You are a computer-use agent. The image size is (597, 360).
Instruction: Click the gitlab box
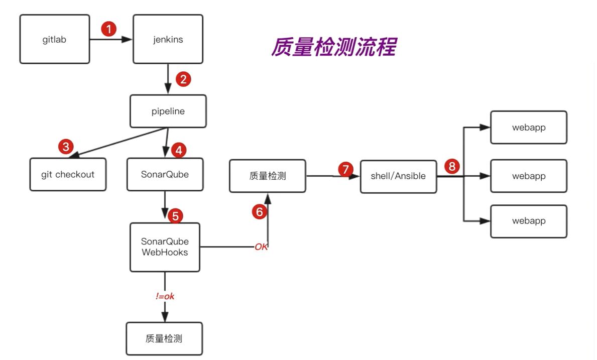55,39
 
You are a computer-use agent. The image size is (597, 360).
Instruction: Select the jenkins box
168,39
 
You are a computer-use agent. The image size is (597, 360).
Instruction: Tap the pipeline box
168,111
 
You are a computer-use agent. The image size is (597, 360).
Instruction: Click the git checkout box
68,174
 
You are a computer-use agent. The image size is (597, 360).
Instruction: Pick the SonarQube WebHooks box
165,247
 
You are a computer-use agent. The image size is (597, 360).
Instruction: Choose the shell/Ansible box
398,176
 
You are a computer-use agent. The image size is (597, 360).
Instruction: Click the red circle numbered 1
108,29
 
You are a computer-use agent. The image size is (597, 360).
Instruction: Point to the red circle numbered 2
183,79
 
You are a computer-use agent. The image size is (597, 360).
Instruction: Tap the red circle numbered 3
65,147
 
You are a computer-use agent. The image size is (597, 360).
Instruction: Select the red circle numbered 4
178,150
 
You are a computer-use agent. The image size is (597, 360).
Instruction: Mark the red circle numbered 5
175,216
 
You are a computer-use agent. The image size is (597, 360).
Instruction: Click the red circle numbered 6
259,212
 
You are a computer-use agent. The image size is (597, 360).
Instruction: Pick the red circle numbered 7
345,169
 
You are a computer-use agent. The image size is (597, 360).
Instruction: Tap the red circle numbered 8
452,166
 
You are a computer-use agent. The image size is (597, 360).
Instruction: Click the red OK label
261,247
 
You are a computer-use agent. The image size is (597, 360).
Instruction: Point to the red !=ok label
165,296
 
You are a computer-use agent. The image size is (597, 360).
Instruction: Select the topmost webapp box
529,128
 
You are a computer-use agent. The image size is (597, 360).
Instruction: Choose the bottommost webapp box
529,221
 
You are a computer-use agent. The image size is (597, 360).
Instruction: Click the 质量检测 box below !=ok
164,338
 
